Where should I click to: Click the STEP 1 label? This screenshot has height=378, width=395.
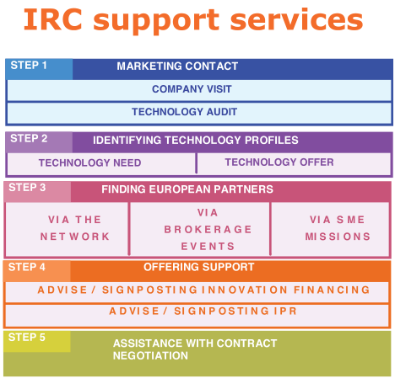click(29, 66)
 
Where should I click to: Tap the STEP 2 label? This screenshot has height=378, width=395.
click(29, 138)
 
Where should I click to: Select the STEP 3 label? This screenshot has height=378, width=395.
click(27, 188)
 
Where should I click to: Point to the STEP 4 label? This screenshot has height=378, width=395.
click(27, 267)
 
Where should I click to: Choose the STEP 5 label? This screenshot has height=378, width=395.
click(27, 337)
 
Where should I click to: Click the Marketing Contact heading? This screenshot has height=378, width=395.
click(177, 67)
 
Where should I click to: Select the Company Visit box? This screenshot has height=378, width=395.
click(199, 90)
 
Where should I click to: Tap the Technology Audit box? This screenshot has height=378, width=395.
click(199, 113)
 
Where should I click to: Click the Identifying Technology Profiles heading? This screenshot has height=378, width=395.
click(196, 140)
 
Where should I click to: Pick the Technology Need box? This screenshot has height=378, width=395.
click(101, 163)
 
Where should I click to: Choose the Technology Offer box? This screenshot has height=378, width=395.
click(294, 163)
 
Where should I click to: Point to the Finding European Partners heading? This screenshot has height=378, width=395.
click(187, 189)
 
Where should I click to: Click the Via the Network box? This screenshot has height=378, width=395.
click(67, 229)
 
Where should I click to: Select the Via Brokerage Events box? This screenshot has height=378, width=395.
click(200, 229)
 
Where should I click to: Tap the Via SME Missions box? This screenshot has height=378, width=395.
click(330, 229)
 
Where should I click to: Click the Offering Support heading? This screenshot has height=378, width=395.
click(199, 267)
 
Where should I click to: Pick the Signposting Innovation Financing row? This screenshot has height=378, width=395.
click(197, 292)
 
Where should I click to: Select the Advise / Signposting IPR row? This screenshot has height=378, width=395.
click(197, 316)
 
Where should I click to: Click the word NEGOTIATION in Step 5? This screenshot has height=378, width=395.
click(150, 355)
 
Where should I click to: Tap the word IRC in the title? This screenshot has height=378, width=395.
click(53, 19)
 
